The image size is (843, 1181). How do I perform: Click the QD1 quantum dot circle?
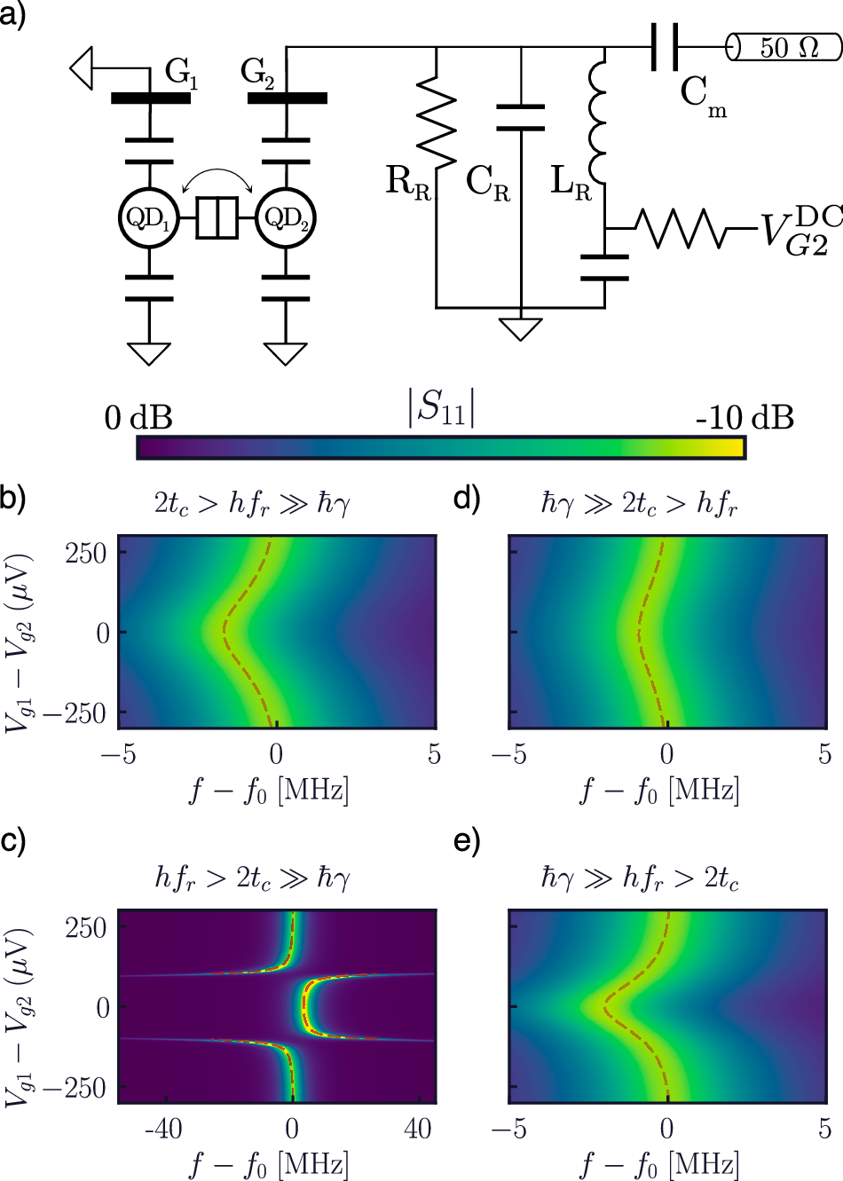(148, 218)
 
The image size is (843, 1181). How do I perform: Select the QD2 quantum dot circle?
(286, 218)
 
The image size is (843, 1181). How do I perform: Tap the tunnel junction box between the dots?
(217, 218)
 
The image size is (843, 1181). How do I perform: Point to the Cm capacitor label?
(704, 95)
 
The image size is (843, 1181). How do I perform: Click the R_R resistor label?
(408, 183)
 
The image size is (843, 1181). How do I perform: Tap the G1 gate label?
(181, 74)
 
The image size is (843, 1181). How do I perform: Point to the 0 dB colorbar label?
(138, 417)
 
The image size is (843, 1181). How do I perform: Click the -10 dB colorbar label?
(744, 417)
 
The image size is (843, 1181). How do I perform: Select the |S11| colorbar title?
(440, 407)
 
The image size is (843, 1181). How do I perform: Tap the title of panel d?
(639, 504)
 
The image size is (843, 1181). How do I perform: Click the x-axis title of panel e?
(659, 1163)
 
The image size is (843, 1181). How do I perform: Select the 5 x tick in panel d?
(824, 754)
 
